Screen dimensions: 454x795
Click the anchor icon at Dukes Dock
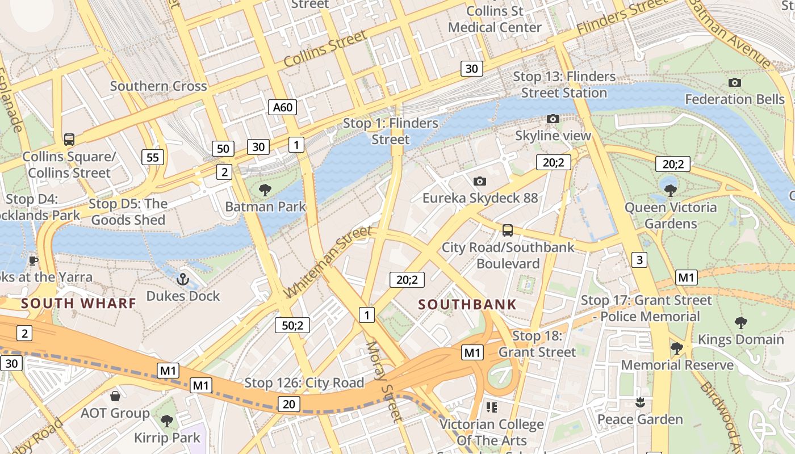point(183,279)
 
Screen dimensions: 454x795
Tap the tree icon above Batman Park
point(265,190)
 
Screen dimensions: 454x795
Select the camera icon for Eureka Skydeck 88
point(480,182)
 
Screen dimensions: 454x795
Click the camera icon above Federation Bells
point(734,83)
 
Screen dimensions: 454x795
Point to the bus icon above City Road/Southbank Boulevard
point(508,230)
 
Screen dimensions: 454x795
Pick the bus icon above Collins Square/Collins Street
point(69,140)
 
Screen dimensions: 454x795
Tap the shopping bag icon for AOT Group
point(115,396)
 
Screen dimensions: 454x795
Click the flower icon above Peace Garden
point(640,402)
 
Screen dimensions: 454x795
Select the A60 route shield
point(282,107)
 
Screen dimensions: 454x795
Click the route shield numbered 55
point(152,157)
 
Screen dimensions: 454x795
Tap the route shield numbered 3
point(639,260)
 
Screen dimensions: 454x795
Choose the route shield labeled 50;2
point(292,325)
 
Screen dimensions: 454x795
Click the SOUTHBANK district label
point(467,304)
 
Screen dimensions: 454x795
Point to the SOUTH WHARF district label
point(79,303)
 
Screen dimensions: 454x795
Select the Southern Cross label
point(158,86)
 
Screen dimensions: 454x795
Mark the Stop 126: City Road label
point(304,383)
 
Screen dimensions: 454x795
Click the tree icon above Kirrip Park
point(166,421)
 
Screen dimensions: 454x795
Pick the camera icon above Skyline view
point(553,119)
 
